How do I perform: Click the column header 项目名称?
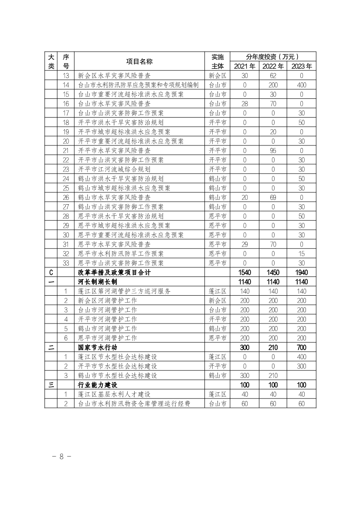point(139,61)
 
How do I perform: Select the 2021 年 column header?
point(245,66)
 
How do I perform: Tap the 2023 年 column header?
point(301,66)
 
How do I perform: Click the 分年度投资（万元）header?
point(273,57)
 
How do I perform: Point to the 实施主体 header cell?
point(217,61)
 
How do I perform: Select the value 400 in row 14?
point(301,85)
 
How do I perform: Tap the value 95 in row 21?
point(273,151)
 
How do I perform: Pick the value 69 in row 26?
point(273,197)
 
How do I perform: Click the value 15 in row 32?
point(301,253)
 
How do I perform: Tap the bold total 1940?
point(301,273)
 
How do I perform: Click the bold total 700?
point(301,347)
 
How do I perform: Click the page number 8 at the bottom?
point(61,456)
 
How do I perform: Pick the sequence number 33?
point(66,263)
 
